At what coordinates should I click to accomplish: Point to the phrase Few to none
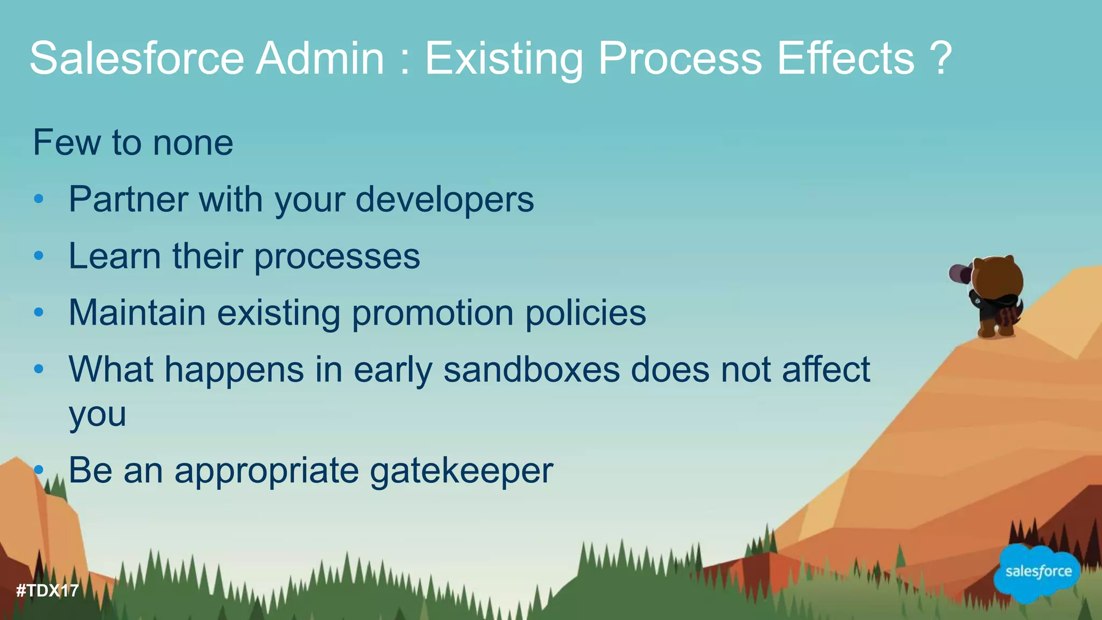(x=133, y=143)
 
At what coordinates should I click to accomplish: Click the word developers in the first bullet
(x=444, y=200)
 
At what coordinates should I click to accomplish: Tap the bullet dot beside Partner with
(x=38, y=200)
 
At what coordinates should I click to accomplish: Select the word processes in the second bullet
(x=337, y=256)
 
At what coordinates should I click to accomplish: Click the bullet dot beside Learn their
(x=38, y=256)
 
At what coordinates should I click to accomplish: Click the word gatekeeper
(x=462, y=471)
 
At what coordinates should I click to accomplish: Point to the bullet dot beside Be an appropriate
(x=38, y=470)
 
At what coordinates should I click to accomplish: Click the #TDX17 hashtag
(x=47, y=591)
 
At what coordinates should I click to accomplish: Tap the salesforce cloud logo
(x=1038, y=572)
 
